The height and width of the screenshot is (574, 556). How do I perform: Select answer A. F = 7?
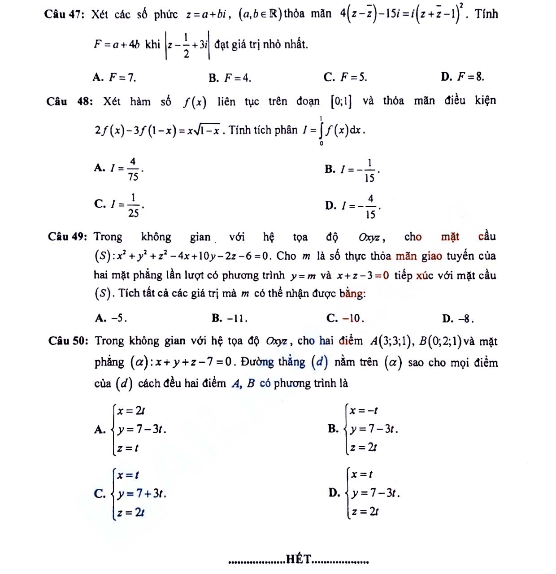114,78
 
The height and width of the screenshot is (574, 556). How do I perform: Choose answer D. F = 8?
463,77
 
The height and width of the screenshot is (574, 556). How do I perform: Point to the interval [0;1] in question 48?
341,102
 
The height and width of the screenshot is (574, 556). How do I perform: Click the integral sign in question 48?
321,130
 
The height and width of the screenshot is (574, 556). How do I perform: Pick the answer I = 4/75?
119,169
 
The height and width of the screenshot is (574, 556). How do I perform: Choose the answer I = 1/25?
119,205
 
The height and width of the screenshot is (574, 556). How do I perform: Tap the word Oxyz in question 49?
369,237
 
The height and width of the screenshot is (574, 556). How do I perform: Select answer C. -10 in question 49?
345,318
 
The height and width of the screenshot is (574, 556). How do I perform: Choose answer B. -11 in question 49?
230,318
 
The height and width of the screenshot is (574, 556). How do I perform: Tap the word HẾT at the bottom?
299,559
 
